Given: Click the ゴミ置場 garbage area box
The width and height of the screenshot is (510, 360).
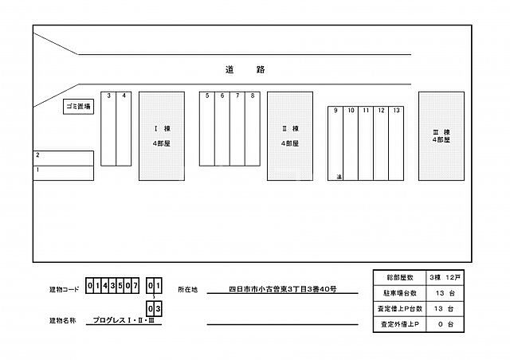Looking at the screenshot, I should tap(78, 107).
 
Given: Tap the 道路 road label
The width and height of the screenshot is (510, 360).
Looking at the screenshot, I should tap(244, 70).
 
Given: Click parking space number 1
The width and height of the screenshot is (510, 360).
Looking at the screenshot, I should tap(64, 170).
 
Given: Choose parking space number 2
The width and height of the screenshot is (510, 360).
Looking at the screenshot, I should tap(64, 156).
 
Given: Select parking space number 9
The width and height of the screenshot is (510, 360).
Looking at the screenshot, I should tap(335, 143).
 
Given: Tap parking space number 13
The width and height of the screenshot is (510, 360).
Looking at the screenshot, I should tap(396, 143).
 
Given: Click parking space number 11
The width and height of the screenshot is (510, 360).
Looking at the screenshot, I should tap(366, 143).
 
